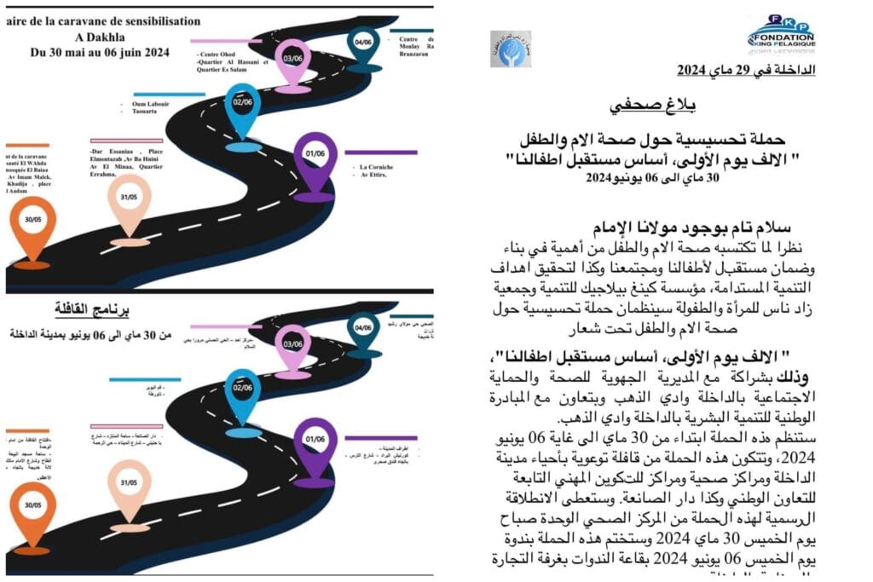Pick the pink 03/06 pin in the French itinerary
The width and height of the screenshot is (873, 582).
click(x=293, y=60)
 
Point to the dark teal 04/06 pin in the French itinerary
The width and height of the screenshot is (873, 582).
click(x=364, y=42)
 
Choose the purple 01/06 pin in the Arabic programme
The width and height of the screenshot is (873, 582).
click(x=315, y=441)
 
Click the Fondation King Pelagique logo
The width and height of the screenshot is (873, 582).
click(x=780, y=33)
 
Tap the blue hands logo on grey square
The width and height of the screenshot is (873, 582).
click(x=510, y=48)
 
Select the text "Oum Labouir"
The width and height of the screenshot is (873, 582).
click(x=150, y=104)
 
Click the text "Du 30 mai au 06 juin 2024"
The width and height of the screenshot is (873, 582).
click(x=100, y=51)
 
